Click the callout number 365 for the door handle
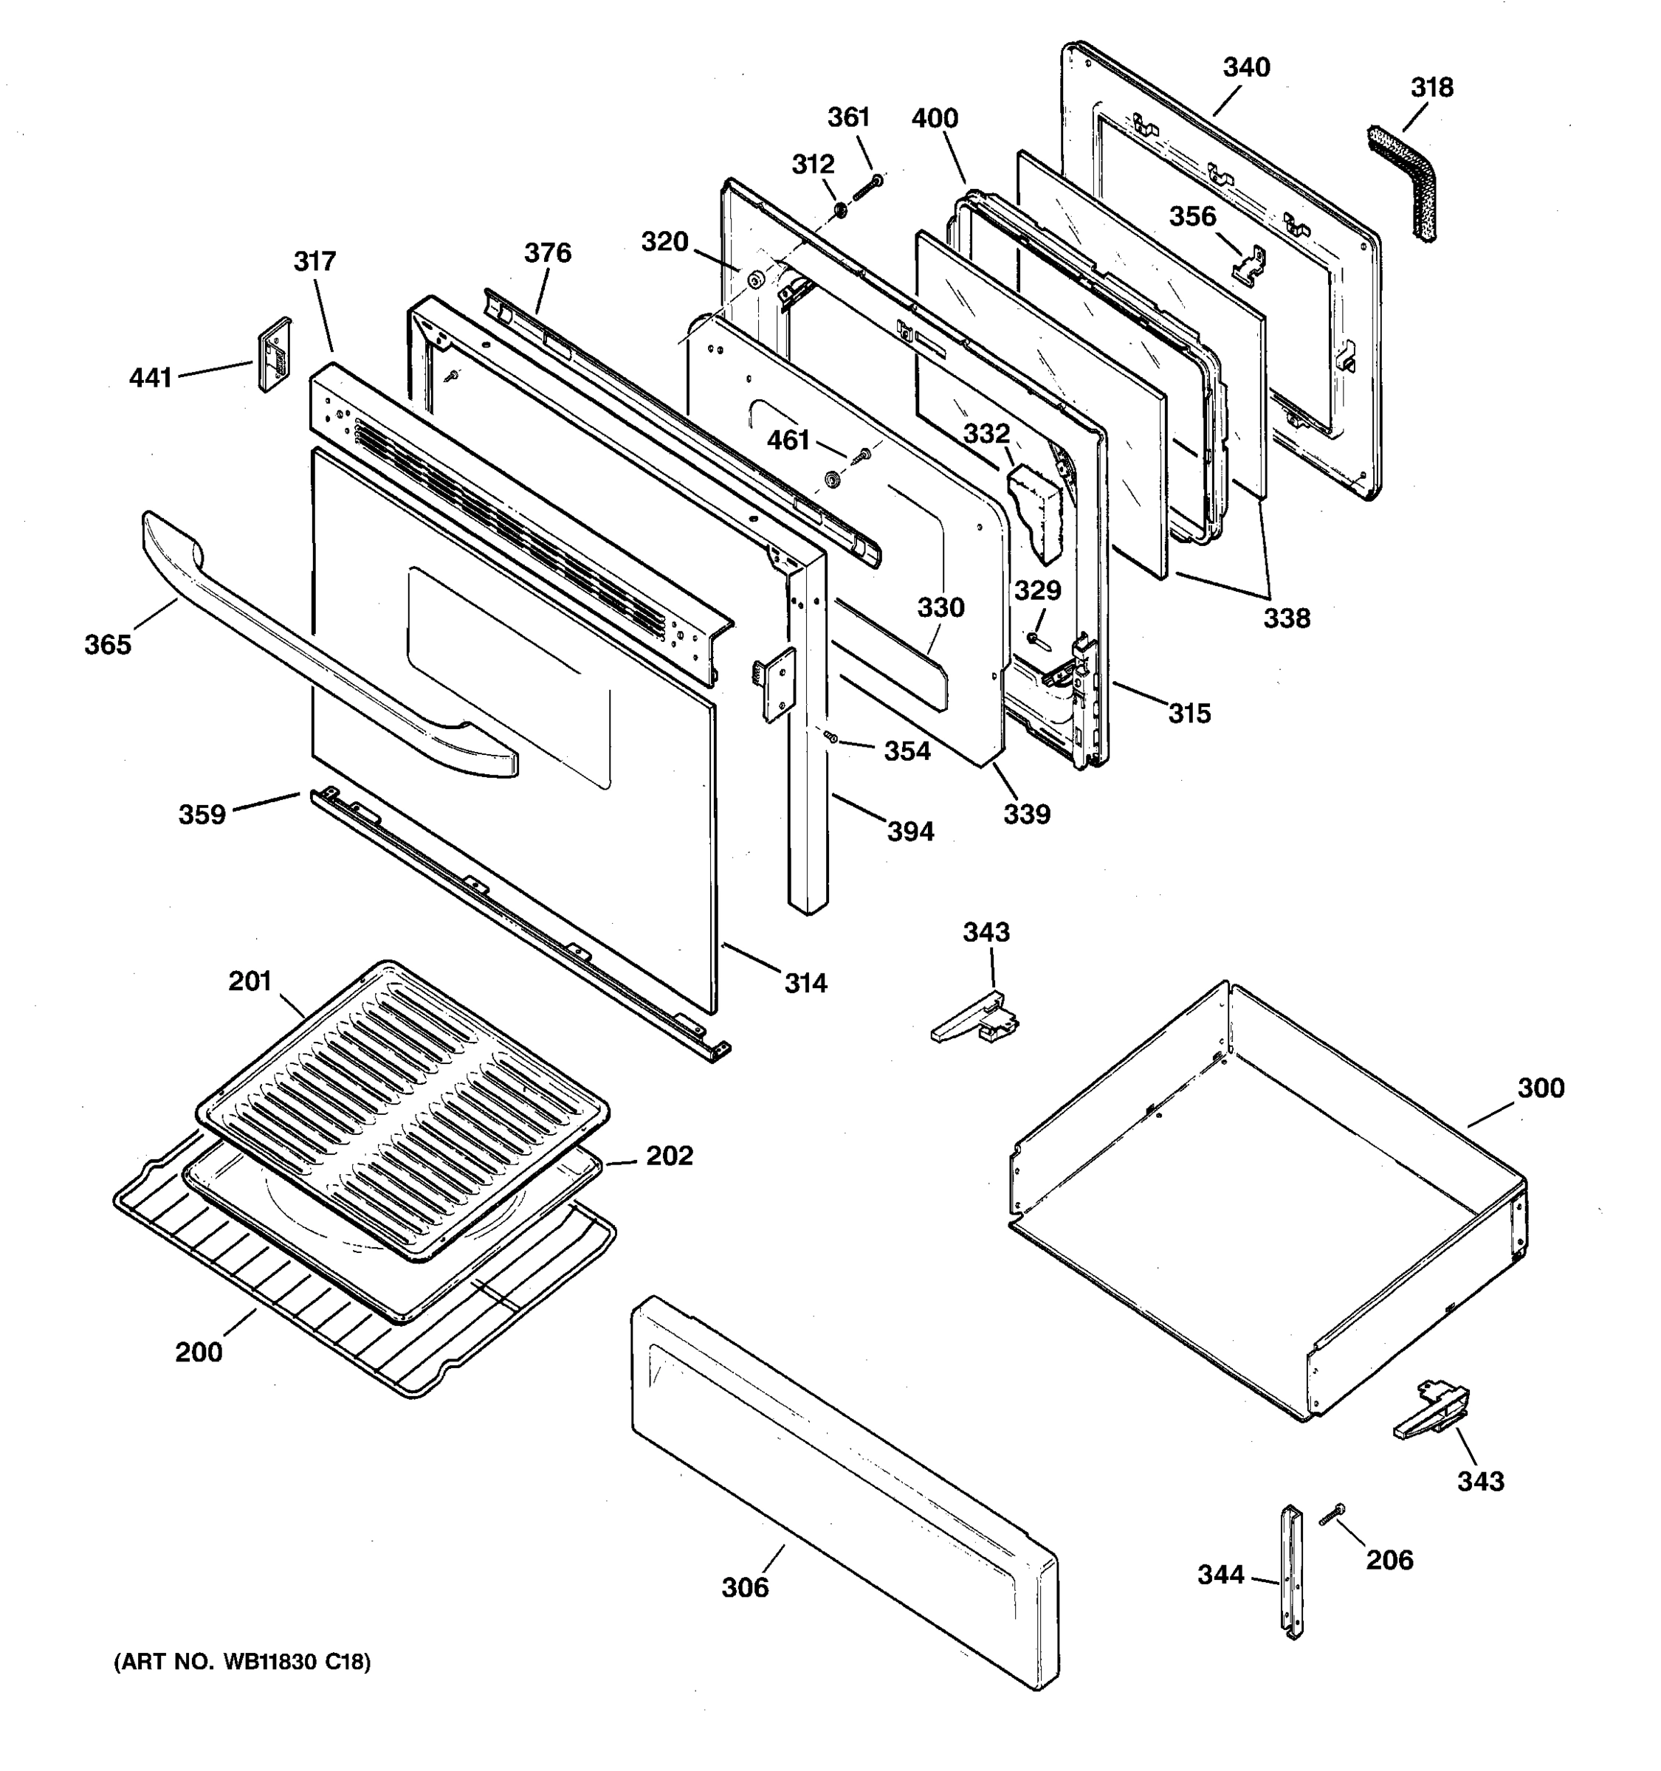(108, 645)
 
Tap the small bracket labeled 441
(274, 354)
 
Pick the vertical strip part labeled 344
(1292, 1573)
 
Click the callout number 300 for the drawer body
(1541, 1088)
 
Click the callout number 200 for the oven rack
(199, 1353)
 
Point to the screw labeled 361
(867, 188)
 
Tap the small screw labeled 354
(831, 736)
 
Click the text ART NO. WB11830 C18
(242, 1662)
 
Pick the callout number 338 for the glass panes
(1287, 618)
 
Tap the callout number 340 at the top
(1246, 67)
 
